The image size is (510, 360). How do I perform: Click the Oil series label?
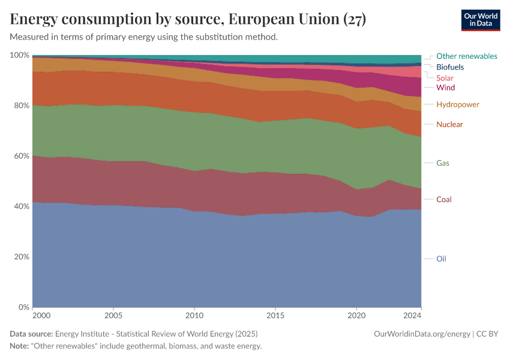coord(441,259)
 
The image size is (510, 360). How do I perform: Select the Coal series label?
coord(444,199)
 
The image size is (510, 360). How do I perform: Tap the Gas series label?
coord(443,163)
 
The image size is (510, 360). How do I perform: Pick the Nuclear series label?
coord(449,124)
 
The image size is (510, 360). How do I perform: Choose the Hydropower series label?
coord(457,104)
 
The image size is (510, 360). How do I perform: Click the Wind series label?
coord(445,88)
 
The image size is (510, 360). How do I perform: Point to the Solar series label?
coord(445,78)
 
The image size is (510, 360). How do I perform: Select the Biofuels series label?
coord(450,67)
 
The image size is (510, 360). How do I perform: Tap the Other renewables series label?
coord(466,56)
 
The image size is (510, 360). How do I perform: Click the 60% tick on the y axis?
coord(20,156)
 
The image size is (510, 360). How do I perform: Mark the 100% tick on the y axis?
coord(19,55)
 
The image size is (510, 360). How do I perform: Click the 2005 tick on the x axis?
coord(113,315)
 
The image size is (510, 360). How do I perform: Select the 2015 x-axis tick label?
coord(275,315)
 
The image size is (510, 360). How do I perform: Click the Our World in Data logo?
coord(481,20)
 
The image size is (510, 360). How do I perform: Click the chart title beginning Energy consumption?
coord(188,20)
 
